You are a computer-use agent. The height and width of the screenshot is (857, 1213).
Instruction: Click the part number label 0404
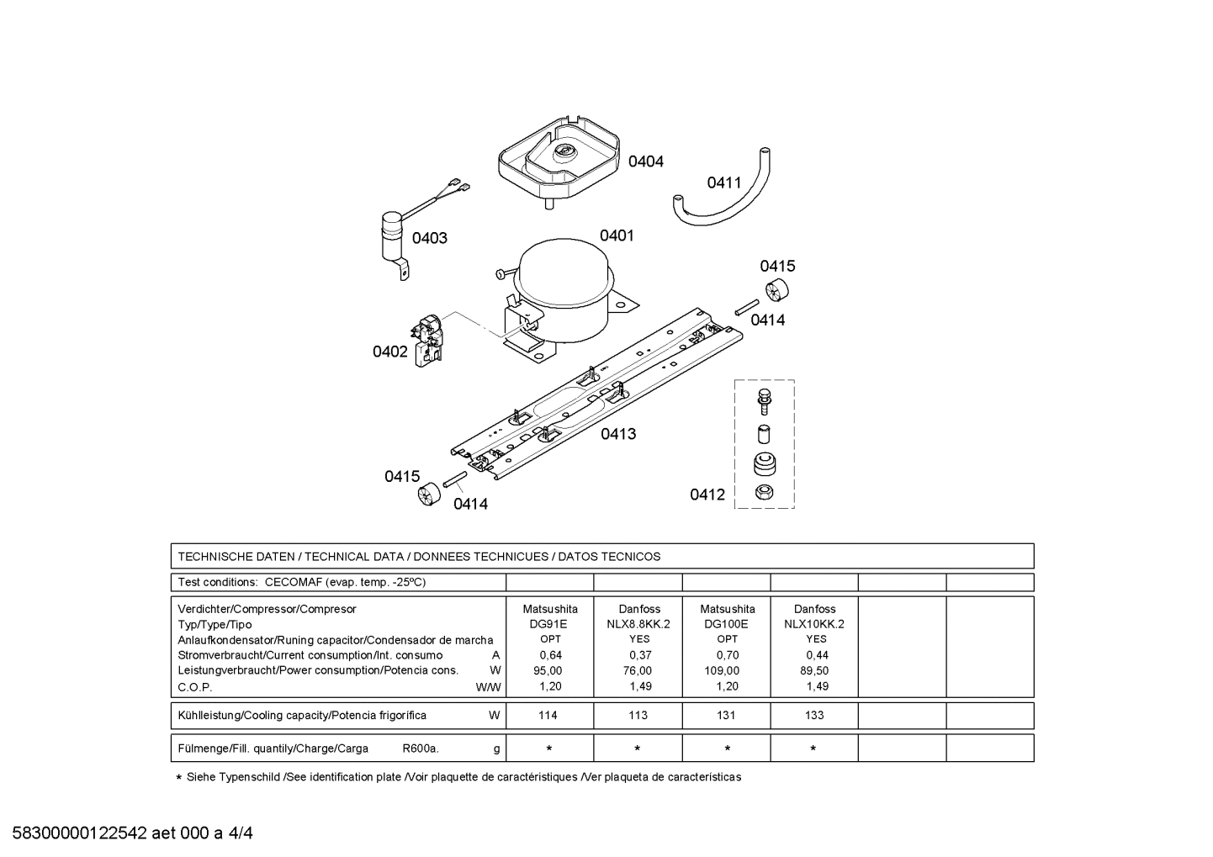(645, 161)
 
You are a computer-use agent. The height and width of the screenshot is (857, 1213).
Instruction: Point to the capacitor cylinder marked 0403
(390, 235)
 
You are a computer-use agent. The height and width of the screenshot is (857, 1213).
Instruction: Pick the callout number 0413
(618, 434)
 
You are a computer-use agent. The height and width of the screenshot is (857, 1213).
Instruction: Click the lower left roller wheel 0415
(429, 492)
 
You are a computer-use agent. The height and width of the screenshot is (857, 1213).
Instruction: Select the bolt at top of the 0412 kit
(764, 400)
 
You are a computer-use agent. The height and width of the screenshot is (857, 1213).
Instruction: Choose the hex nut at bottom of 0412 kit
(763, 493)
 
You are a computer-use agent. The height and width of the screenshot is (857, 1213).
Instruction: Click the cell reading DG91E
(548, 624)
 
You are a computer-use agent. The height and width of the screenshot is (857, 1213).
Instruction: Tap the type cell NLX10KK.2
(814, 624)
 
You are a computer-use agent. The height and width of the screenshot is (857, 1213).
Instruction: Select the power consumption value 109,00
(722, 670)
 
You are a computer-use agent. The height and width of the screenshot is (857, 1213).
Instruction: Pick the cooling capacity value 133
(814, 715)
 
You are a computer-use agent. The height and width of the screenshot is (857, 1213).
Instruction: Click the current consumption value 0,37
(638, 655)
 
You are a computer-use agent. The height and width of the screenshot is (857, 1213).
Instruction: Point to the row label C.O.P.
(195, 686)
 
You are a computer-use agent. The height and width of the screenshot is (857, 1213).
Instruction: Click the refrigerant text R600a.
(420, 748)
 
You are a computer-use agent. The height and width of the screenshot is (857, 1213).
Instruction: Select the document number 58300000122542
(80, 833)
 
